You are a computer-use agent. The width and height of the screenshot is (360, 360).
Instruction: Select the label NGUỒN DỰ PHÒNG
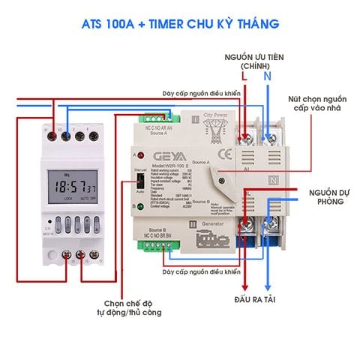(x=327, y=197)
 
